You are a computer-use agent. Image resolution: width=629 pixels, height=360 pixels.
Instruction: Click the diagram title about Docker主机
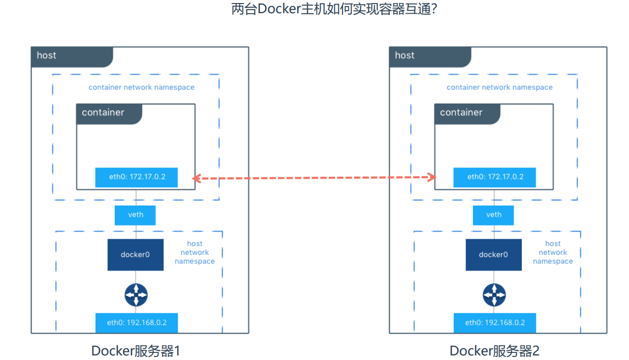pyautogui.click(x=334, y=10)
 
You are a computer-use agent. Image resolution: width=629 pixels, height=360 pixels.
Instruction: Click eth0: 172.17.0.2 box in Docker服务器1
pyautogui.click(x=136, y=177)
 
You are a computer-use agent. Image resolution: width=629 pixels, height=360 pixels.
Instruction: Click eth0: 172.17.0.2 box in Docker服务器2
pyautogui.click(x=495, y=177)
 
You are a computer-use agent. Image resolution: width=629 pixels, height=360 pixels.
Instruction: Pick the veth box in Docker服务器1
pyautogui.click(x=135, y=215)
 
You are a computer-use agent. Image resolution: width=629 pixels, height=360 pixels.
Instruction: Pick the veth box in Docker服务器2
pyautogui.click(x=493, y=215)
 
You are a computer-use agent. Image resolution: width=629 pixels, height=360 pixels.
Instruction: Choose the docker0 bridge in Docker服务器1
pyautogui.click(x=135, y=254)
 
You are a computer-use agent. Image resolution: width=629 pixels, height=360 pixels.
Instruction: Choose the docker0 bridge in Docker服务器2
pyautogui.click(x=493, y=254)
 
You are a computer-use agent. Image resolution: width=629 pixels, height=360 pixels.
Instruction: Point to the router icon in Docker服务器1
pyautogui.click(x=136, y=294)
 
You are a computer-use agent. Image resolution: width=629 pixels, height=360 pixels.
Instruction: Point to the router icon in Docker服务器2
pyautogui.click(x=494, y=294)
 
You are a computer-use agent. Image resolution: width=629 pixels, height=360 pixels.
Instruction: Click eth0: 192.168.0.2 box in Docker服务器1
pyautogui.click(x=136, y=322)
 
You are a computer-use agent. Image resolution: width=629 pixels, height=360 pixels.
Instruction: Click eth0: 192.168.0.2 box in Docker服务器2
pyautogui.click(x=495, y=322)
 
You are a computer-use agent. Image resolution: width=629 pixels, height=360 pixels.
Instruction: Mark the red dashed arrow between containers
pyautogui.click(x=314, y=178)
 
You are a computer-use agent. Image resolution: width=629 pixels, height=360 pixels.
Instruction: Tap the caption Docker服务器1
pyautogui.click(x=136, y=351)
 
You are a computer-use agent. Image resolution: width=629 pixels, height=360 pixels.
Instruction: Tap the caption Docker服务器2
pyautogui.click(x=494, y=351)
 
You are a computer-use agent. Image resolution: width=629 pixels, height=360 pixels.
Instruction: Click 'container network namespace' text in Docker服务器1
pyautogui.click(x=141, y=87)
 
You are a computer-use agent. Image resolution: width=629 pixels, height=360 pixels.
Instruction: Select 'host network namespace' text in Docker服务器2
pyautogui.click(x=553, y=252)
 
